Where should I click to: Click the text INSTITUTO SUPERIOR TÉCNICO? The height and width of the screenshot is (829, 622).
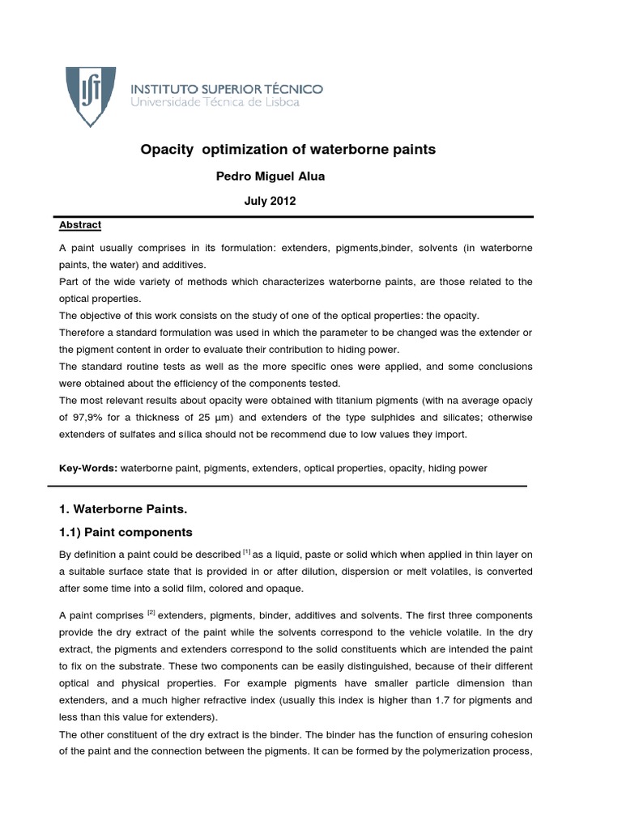[227, 87]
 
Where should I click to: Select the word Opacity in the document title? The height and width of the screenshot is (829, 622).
[168, 150]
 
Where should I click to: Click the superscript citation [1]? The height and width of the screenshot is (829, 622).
[246, 551]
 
